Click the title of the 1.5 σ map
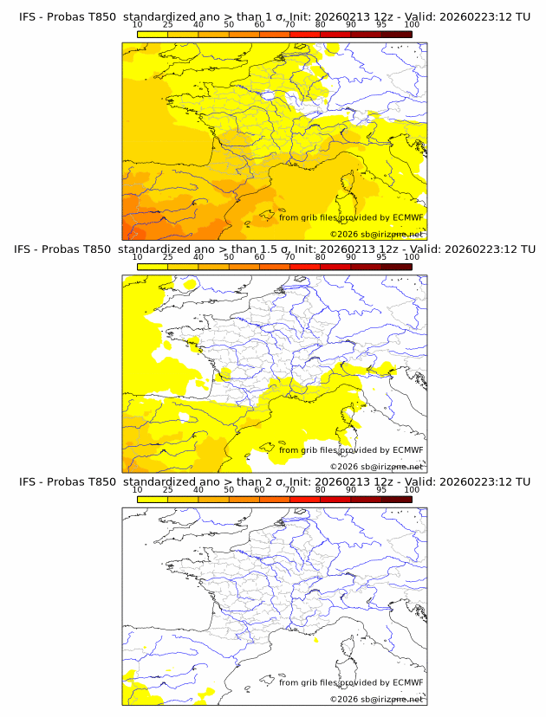[273, 249]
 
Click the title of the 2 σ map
[273, 481]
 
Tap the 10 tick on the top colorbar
[138, 24]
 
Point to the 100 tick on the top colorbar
[412, 24]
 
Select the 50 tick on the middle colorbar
[229, 257]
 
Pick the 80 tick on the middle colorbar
[321, 257]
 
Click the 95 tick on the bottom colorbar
[381, 490]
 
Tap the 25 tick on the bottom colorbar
[168, 490]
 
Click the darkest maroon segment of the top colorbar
[396, 34]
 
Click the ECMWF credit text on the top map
[351, 217]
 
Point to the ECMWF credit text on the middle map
[351, 449]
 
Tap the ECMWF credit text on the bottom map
[351, 682]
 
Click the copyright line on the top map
[376, 234]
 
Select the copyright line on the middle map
[376, 466]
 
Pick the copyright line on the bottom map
[376, 699]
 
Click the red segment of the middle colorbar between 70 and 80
[305, 267]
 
